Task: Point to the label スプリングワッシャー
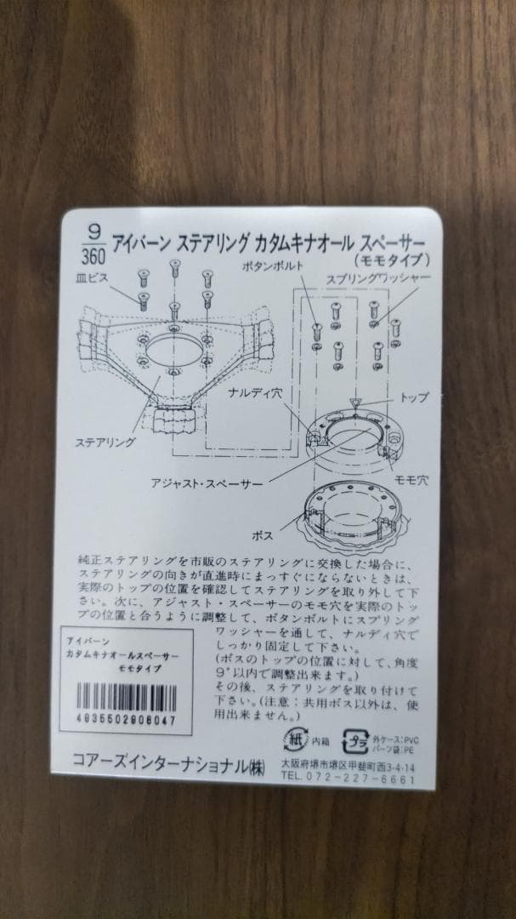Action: [379, 278]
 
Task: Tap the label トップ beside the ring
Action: [413, 397]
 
